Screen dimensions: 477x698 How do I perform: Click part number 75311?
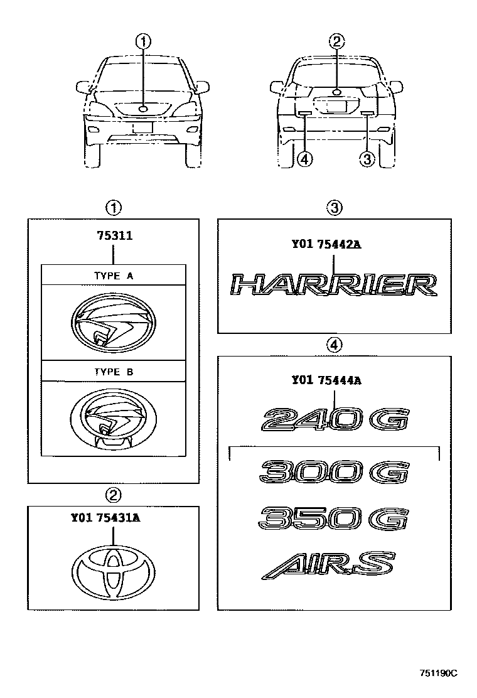[115, 235]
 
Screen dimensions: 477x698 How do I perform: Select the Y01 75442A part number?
[326, 244]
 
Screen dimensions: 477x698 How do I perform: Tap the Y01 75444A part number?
[326, 380]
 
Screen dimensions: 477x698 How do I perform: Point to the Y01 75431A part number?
[105, 517]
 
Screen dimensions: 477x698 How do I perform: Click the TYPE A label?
[114, 276]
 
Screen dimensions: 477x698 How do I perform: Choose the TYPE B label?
[114, 372]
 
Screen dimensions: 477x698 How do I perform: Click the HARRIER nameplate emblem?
[335, 286]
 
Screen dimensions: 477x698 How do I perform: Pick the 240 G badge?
[335, 420]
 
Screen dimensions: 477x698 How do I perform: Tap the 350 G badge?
[335, 518]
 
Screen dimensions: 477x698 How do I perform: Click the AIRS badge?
[328, 566]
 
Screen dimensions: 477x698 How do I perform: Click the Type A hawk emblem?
[114, 321]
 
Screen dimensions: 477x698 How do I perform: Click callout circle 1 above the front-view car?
[143, 41]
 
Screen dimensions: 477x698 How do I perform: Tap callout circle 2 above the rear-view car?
[336, 41]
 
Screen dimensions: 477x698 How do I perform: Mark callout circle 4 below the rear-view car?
[305, 159]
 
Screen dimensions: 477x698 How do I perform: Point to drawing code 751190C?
[438, 673]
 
